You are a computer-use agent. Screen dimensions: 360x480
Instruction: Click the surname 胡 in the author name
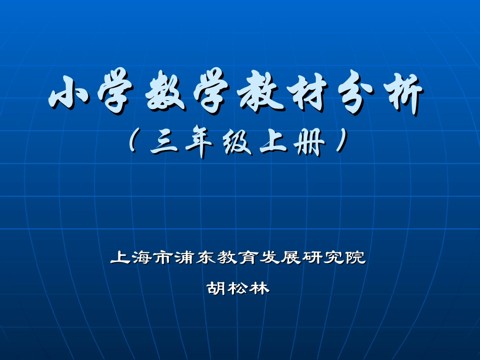[217, 288]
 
